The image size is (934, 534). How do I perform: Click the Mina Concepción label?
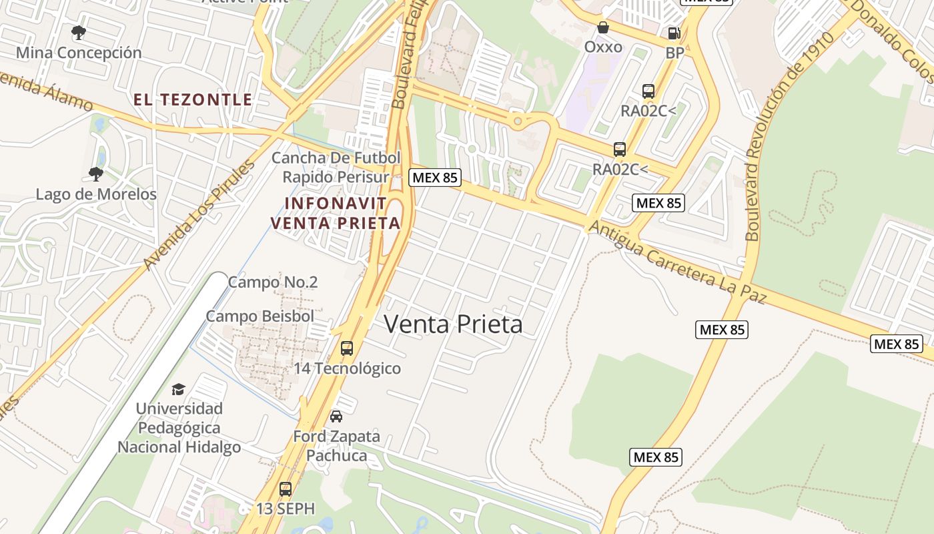pos(79,53)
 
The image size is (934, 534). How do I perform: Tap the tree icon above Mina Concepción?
pos(79,32)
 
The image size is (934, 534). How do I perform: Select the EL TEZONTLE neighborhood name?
pos(193,100)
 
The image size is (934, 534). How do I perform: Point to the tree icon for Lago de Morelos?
pos(96,174)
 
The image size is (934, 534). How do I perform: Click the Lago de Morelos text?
pos(96,194)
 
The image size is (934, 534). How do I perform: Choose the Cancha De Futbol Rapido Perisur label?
pos(336,168)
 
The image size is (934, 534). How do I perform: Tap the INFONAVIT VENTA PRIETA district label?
pos(336,213)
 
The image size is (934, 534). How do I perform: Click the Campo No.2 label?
pos(272,282)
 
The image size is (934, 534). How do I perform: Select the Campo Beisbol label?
pos(260,316)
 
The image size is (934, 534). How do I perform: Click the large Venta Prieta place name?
pos(453,324)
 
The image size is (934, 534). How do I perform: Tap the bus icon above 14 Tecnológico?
pos(347,348)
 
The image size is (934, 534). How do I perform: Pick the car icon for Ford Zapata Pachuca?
pos(336,417)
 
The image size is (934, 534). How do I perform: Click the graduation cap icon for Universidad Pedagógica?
pos(178,389)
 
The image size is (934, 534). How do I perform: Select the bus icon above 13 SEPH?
pos(286,489)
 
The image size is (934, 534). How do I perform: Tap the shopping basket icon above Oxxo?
pos(603,27)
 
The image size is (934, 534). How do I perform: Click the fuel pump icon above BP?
pos(674,33)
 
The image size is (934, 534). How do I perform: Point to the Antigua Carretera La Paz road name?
pos(678,263)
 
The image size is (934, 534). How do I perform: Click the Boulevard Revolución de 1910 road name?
pos(789,137)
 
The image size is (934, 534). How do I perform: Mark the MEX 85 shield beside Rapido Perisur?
pos(435,178)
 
